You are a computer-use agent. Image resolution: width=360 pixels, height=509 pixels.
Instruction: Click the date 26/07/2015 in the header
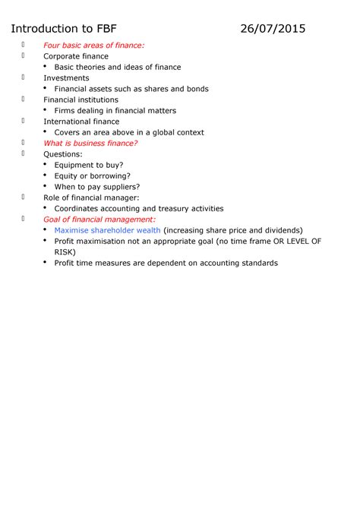pos(273,29)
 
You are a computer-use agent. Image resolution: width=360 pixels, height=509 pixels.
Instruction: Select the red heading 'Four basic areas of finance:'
pos(93,46)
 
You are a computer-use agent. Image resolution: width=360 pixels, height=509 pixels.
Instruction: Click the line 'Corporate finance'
pos(76,56)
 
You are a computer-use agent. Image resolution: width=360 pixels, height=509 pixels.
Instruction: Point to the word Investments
pos(66,78)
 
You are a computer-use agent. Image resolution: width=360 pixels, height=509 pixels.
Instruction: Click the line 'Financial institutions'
pos(81,100)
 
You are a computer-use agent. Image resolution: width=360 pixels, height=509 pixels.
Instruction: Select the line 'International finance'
pos(81,122)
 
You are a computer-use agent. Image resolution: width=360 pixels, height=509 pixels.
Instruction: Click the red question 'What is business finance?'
pos(90,143)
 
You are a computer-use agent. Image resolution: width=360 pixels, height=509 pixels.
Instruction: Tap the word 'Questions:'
pos(63,154)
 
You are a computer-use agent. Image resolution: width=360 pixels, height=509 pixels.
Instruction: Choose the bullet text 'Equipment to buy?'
pos(89,165)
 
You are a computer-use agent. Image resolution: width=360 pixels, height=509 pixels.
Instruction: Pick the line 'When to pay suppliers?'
pos(97,187)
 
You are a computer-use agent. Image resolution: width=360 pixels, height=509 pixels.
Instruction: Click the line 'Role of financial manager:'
pos(91,198)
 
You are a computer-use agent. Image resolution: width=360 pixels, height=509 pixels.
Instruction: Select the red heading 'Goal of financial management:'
pos(99,220)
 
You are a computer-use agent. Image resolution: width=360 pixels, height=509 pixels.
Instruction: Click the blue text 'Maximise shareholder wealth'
pos(107,230)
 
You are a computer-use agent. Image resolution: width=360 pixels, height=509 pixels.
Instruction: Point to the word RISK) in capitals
pos(67,252)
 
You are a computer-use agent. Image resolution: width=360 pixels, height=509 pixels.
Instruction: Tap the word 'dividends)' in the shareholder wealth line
pos(280,230)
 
